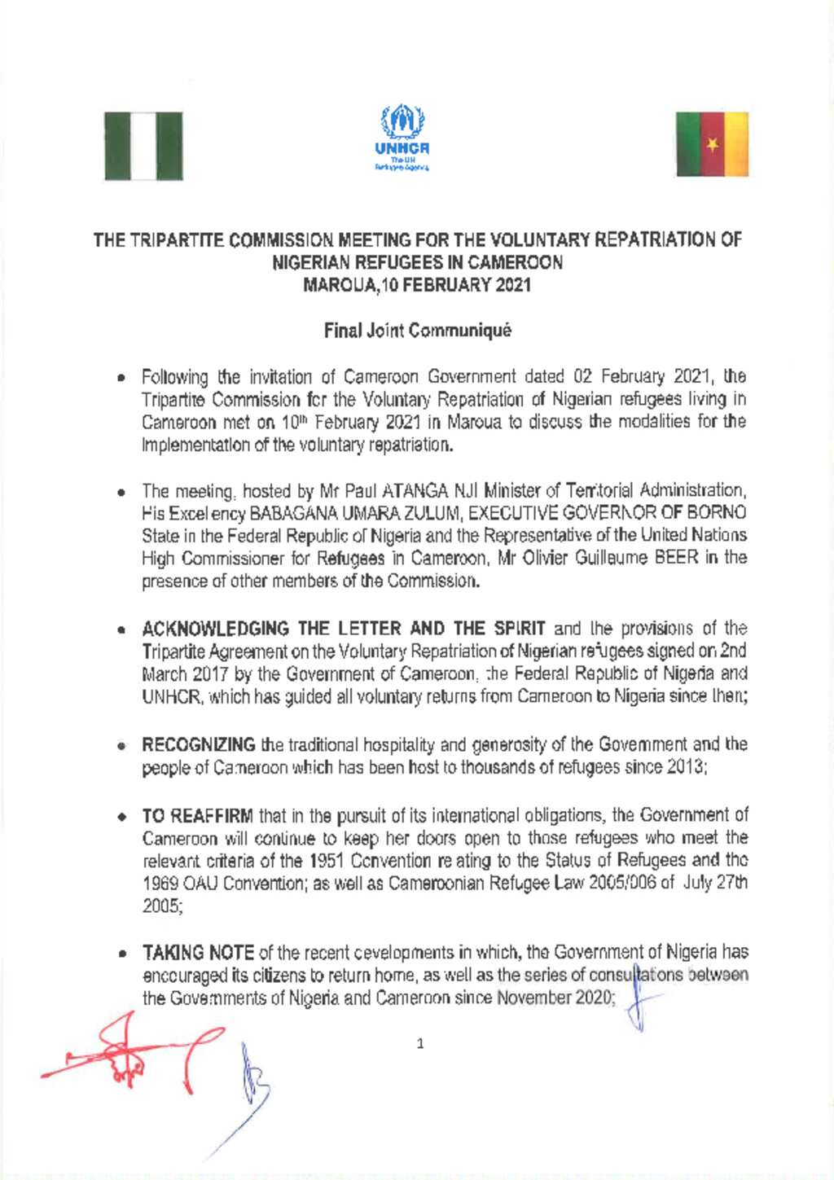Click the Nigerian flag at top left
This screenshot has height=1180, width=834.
tap(143, 146)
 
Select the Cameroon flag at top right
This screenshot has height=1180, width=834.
tap(712, 144)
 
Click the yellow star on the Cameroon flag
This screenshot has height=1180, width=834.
tap(713, 145)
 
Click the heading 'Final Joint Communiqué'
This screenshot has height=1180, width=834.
tap(417, 331)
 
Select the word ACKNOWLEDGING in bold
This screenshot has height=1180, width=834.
tap(216, 629)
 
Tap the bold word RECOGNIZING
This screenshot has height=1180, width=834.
tap(199, 745)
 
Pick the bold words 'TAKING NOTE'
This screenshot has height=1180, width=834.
tap(198, 953)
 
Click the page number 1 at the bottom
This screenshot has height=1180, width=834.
tap(420, 1044)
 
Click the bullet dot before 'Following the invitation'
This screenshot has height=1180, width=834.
tap(120, 379)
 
